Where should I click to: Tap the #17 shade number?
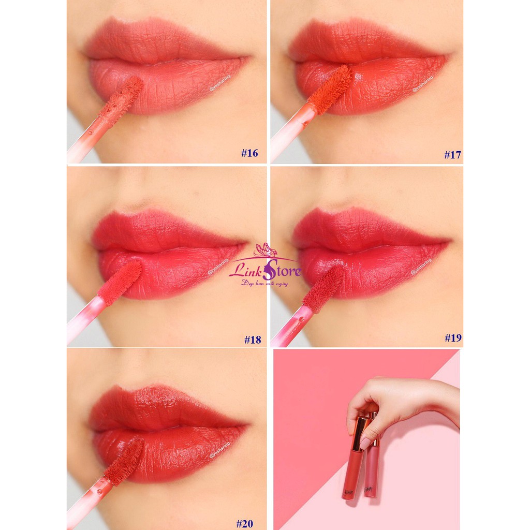(x=453, y=154)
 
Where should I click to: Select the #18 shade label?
(x=253, y=340)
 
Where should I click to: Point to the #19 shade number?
(x=453, y=338)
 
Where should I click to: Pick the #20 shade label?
(x=245, y=523)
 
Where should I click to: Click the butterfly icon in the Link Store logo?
(x=266, y=250)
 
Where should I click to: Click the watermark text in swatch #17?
(x=423, y=84)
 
